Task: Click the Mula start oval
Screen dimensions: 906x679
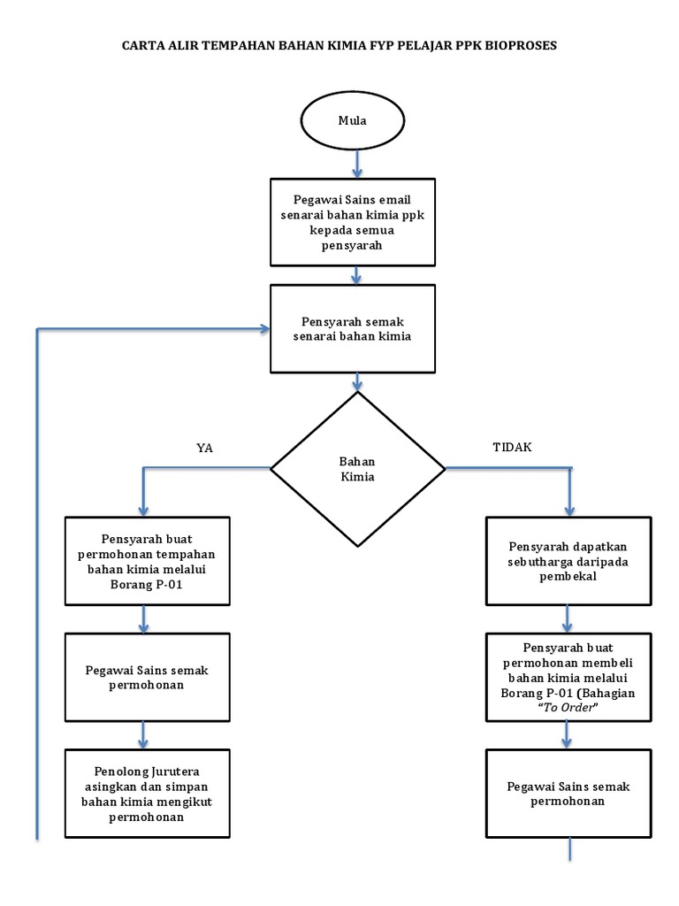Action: tap(357, 121)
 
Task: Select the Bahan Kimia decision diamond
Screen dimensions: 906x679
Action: tap(357, 469)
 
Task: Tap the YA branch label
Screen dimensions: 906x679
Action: tap(205, 448)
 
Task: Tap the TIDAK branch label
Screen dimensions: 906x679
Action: tap(512, 447)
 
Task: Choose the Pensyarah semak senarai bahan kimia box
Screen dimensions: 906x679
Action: tap(353, 328)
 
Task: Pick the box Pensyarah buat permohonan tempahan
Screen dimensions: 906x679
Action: tap(147, 561)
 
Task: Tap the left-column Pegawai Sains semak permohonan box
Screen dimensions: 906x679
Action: tap(147, 678)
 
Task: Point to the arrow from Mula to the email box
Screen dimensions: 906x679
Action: tap(357, 163)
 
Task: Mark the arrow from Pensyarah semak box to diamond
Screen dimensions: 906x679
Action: tap(357, 381)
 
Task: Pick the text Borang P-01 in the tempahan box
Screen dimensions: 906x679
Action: tap(147, 584)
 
